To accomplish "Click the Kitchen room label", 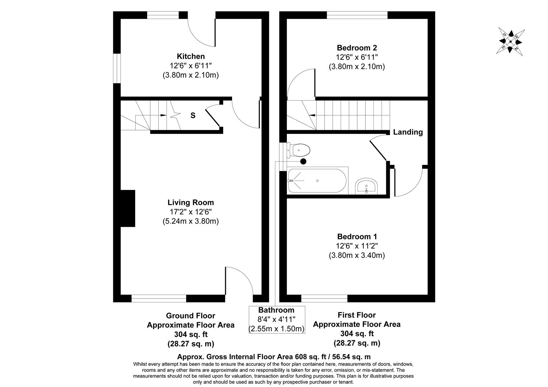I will coord(190,56).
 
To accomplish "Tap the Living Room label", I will coord(190,202).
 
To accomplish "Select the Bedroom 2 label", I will coord(356,48).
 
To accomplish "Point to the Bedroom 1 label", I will coord(356,236).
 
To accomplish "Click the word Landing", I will coord(408,132).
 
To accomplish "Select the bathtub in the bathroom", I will coord(317,181).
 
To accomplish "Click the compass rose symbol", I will coord(510,41).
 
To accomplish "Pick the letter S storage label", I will coord(193,115).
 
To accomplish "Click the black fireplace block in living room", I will coord(128,208).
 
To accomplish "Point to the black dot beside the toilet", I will coord(303,161).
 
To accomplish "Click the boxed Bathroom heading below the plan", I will coord(276,310).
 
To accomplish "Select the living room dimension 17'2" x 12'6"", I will coord(190,212).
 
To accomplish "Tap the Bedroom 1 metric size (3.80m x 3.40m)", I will coord(356,255).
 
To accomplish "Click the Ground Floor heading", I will coord(190,316).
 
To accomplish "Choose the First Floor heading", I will coord(356,315).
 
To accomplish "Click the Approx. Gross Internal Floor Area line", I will coord(274,357).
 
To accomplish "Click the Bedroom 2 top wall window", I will coord(357,15).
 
